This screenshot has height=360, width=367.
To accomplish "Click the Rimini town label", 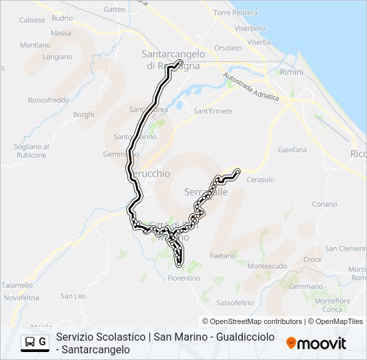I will pos(292,71).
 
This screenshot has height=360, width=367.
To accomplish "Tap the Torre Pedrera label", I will pos(236,13).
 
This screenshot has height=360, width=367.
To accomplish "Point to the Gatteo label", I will pos(115,9).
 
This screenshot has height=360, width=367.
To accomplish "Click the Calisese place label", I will pos(32,20).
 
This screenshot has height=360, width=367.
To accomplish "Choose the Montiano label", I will pos(35,45).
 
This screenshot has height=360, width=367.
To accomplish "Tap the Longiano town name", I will pos(57,57).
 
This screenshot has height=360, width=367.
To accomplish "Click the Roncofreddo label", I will pos(48,100).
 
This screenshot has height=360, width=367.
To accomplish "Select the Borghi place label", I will pos(83,115).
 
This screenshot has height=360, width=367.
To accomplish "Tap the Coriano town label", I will pos(324,204).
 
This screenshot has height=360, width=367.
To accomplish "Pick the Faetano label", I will pos(223,255).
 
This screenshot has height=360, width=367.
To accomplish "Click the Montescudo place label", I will pos(268,265).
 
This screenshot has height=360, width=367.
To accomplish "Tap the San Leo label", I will pos(73,296).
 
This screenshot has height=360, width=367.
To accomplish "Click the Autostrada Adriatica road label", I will pos(251,86).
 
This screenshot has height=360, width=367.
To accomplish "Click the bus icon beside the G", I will pos(30,343).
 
